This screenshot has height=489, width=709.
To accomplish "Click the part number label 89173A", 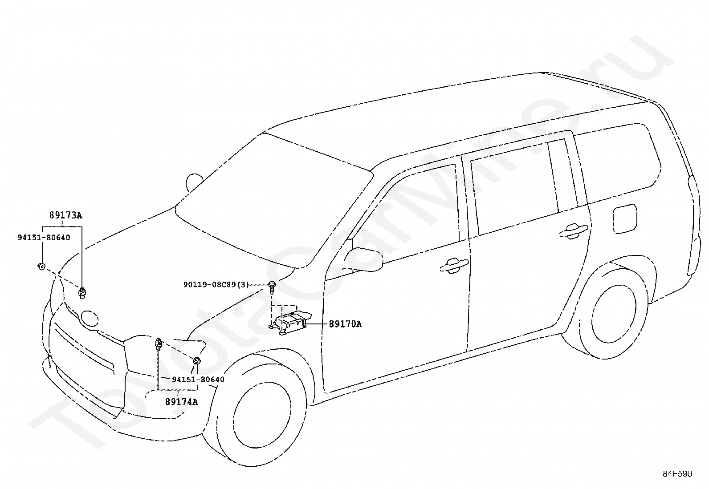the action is (65, 216).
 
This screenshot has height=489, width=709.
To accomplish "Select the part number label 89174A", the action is (181, 402).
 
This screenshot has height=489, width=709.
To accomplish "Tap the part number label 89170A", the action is (345, 324).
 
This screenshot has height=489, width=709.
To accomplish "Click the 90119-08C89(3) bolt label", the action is (216, 284).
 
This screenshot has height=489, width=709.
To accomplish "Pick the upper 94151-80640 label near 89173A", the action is (44, 238).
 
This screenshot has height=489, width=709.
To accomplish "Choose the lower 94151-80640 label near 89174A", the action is (198, 380).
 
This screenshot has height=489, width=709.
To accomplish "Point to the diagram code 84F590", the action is (677, 474).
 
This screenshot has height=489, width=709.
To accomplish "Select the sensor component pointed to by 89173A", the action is (82, 292).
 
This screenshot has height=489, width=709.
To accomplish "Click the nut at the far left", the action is (41, 267).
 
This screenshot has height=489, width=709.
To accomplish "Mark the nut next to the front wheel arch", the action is (196, 360).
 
